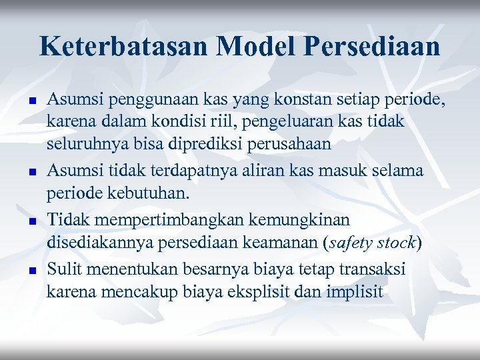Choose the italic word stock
pyautogui.click(x=396, y=243)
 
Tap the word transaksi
pyautogui.click(x=375, y=268)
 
